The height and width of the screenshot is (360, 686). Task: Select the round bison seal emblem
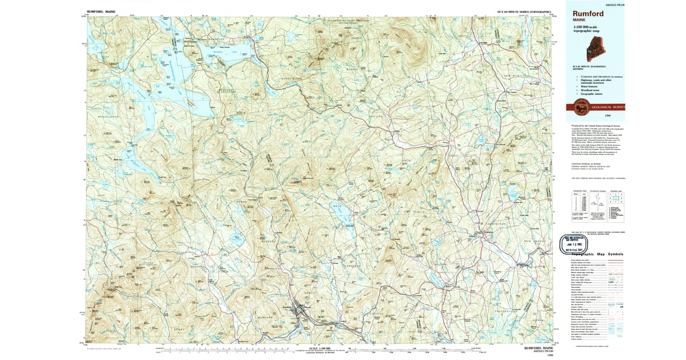[581, 106]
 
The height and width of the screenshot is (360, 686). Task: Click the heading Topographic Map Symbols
[595, 254]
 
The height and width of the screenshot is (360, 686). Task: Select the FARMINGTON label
[494, 223]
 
